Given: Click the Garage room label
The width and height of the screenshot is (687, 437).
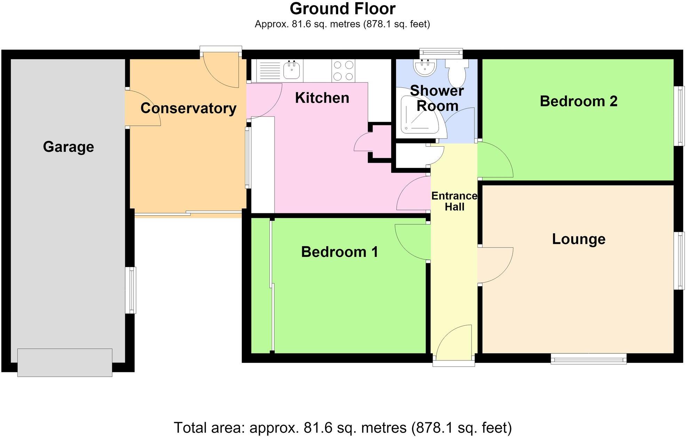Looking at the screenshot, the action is click(69, 147).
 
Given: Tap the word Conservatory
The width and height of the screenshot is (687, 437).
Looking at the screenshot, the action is click(188, 108).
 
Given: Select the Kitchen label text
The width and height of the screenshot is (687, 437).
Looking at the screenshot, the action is click(322, 98).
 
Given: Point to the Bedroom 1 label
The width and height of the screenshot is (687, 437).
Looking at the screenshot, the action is click(339, 252).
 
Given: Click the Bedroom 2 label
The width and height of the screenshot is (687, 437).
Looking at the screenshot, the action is click(578, 101).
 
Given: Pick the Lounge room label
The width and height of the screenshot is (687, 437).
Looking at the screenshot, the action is click(579, 239).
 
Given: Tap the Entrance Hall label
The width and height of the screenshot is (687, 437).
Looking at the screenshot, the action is click(455, 201).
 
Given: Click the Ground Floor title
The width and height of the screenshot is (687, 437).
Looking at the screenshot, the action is click(342, 9).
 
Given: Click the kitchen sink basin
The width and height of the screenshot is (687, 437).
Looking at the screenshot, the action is click(292, 70).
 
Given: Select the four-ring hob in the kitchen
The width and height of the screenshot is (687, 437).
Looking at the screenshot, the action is click(343, 71).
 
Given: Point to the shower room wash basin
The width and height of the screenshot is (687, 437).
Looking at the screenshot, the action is click(424, 67).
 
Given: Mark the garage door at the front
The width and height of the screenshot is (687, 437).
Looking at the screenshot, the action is click(65, 362).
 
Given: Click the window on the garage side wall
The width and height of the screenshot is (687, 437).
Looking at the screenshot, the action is click(131, 290).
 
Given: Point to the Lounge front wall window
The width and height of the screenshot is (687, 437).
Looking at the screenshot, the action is click(589, 359).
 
